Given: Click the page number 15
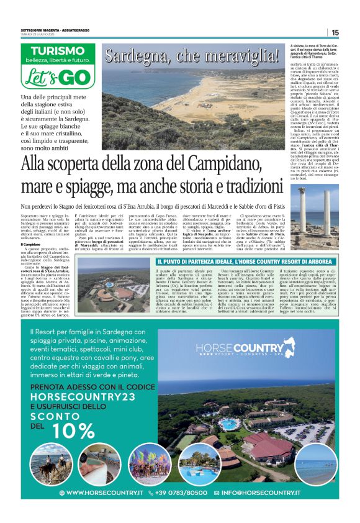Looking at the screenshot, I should pos(335,32).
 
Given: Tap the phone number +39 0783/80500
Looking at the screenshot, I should pos(182,492).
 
